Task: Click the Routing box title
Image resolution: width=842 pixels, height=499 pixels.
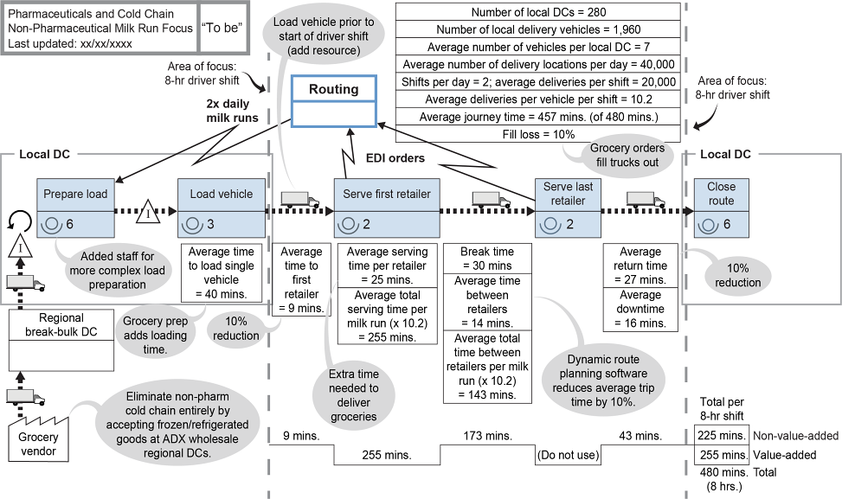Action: tap(334, 89)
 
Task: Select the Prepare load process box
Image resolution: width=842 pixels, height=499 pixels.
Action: tap(75, 208)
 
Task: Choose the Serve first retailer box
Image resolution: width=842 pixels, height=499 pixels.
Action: tap(386, 208)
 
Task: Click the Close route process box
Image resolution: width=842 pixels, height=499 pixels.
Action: tap(721, 208)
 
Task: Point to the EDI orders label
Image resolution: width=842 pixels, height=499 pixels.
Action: tap(393, 158)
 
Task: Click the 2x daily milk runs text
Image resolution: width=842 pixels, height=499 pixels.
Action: tap(232, 110)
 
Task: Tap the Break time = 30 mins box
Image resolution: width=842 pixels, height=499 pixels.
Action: tap(486, 258)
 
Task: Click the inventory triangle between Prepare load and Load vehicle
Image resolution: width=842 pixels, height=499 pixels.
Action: tap(148, 211)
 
